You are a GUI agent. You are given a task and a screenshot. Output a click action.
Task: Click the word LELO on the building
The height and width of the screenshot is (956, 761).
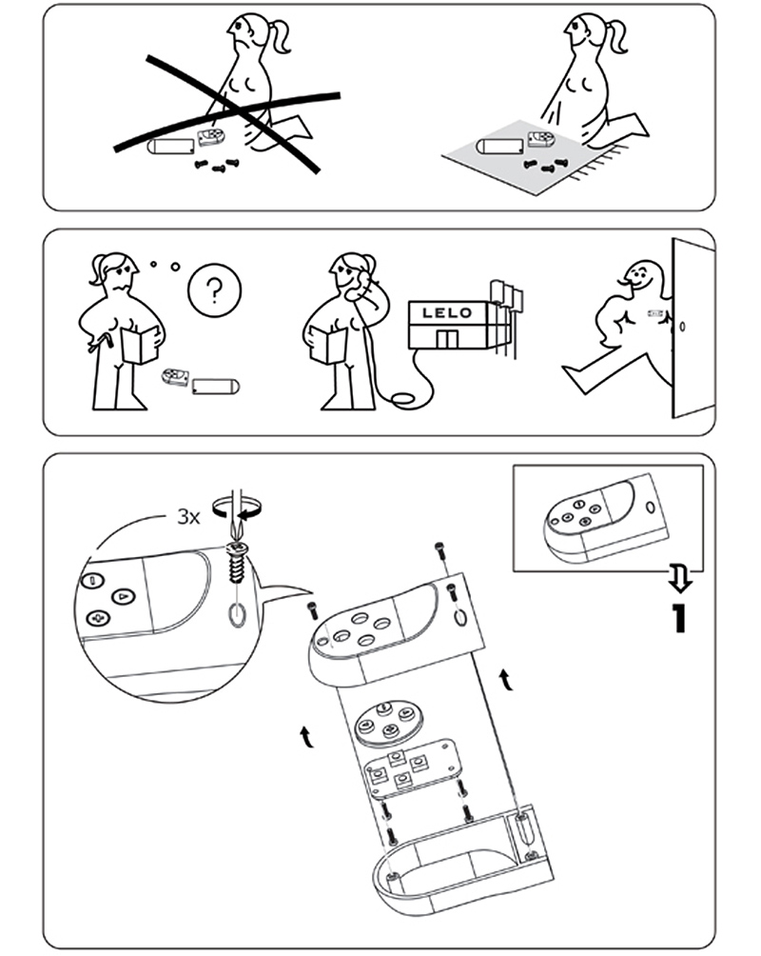click(x=447, y=312)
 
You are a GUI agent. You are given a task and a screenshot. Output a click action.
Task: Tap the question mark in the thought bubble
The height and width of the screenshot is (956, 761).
click(x=214, y=291)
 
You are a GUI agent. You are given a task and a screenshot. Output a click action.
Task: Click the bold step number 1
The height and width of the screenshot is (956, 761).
click(x=678, y=618)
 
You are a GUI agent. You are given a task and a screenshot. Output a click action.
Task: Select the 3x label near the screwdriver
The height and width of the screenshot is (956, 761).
click(x=188, y=518)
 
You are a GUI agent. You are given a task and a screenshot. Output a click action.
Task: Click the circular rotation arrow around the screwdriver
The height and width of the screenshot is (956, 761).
click(x=237, y=507)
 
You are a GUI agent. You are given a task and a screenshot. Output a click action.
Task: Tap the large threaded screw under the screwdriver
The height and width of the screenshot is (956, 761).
click(x=235, y=564)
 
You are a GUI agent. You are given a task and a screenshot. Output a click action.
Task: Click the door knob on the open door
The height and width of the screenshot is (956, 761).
click(x=682, y=327)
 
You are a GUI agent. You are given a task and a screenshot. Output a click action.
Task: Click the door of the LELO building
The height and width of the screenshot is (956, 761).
click(x=446, y=340)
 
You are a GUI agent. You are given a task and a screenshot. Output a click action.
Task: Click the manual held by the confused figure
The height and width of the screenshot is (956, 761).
click(x=141, y=345)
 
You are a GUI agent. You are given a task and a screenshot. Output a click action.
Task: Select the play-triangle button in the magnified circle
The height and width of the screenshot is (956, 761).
click(x=124, y=596)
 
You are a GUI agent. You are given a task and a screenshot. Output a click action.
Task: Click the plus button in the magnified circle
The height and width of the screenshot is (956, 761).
click(x=97, y=618)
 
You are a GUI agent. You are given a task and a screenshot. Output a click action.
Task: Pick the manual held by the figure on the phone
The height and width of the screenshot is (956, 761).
click(x=328, y=345)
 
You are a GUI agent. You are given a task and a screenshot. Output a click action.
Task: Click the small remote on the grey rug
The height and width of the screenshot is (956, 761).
click(x=540, y=140)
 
